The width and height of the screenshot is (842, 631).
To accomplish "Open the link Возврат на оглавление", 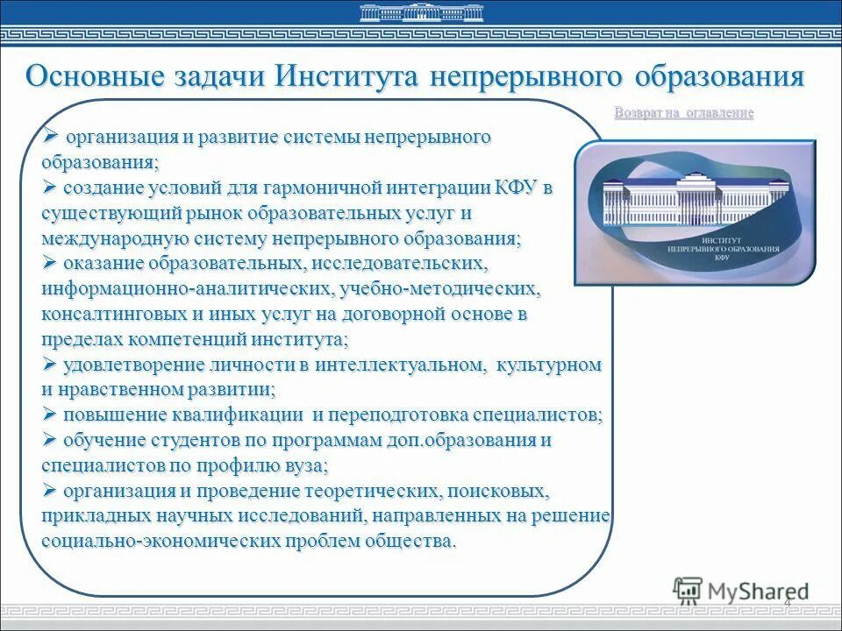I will pyautogui.click(x=684, y=113).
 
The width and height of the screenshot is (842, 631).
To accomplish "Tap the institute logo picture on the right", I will pyautogui.click(x=695, y=213).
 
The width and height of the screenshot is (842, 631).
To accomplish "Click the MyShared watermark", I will pyautogui.click(x=741, y=591).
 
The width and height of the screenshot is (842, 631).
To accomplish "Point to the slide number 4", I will pyautogui.click(x=787, y=602).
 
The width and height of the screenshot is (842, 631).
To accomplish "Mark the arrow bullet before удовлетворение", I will pyautogui.click(x=50, y=364).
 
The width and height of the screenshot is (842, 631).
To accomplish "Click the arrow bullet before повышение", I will pyautogui.click(x=50, y=415).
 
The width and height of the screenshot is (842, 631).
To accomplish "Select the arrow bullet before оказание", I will pyautogui.click(x=50, y=263).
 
